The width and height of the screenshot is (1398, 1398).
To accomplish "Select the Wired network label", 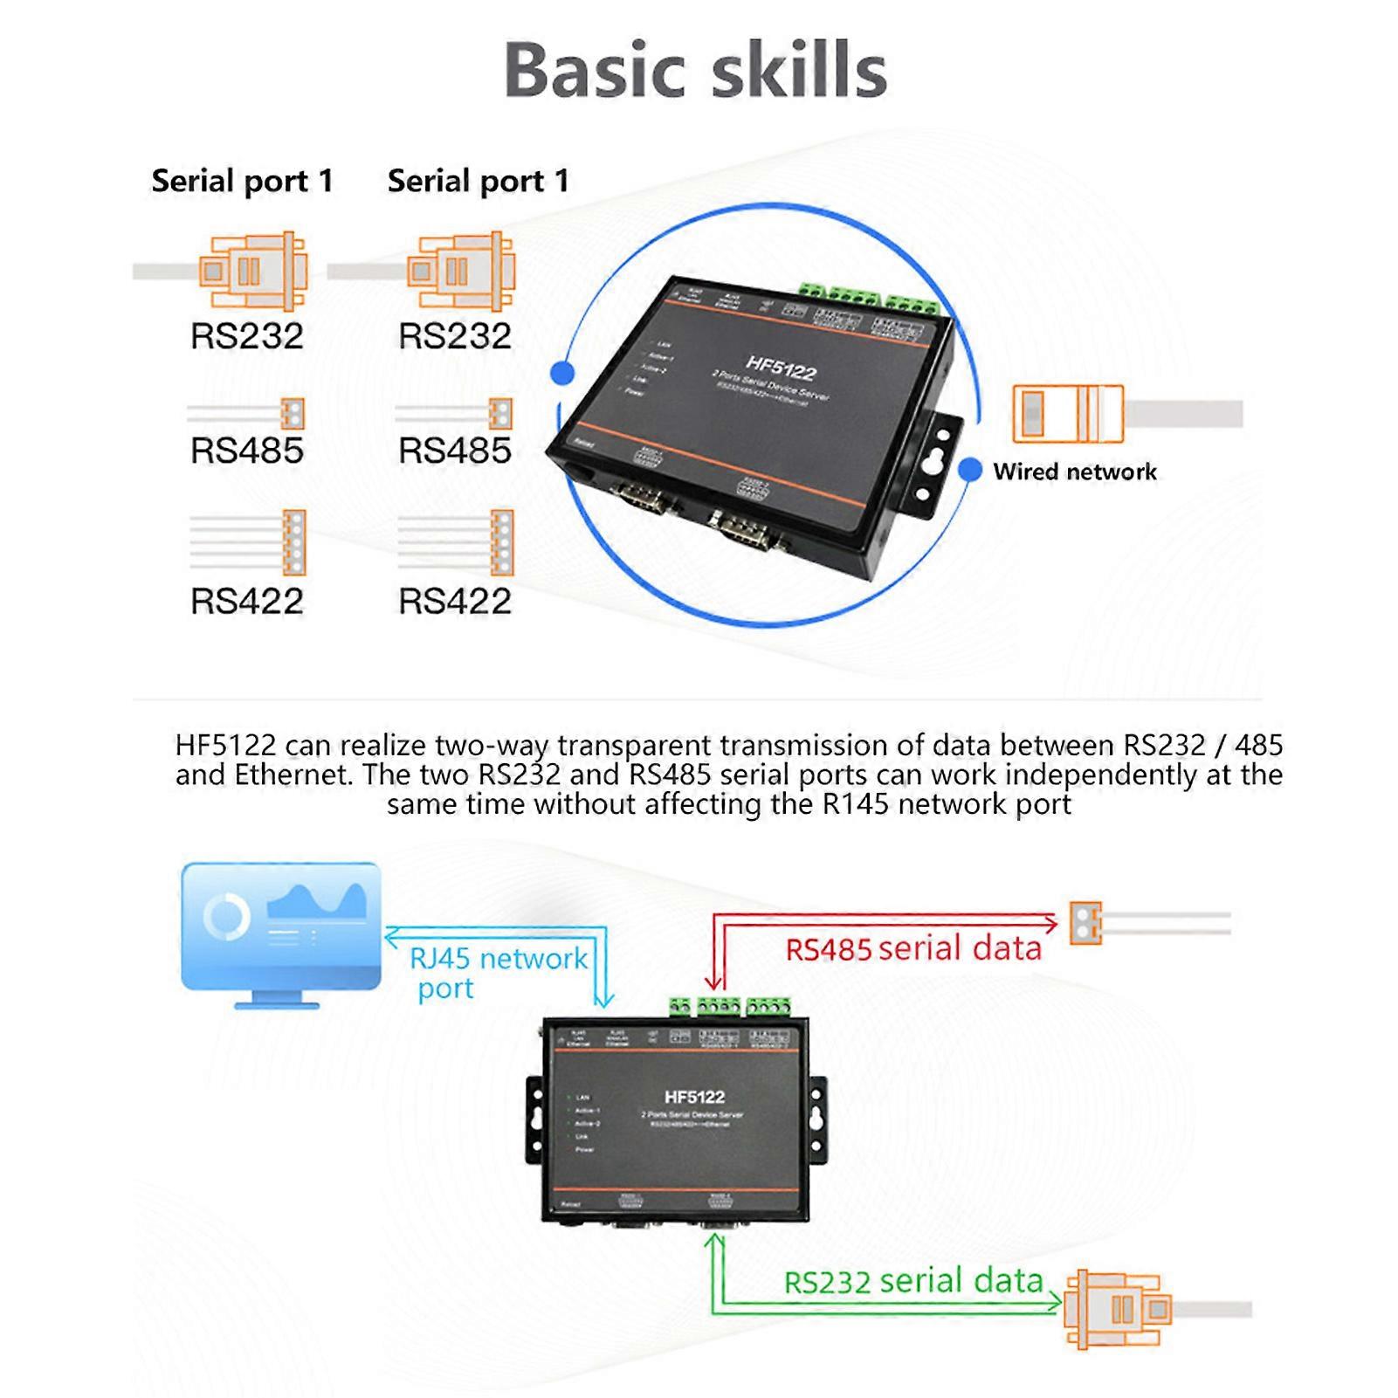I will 1074,472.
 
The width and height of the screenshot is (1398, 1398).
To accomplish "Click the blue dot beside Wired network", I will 970,469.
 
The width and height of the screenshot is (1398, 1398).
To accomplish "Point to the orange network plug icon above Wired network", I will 1067,413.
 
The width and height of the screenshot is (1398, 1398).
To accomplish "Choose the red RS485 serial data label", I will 913,948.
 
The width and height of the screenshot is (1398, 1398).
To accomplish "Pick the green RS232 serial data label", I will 913,1281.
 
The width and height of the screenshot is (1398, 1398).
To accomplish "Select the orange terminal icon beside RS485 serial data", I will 1085,923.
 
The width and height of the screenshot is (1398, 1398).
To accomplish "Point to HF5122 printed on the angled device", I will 780,368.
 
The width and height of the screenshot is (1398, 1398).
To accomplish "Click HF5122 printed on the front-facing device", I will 694,1097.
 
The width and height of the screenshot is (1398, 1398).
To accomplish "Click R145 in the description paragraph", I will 856,803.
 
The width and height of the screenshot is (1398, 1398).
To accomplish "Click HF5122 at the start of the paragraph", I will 225,746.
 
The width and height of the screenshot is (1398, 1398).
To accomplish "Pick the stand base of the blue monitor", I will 278,1004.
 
